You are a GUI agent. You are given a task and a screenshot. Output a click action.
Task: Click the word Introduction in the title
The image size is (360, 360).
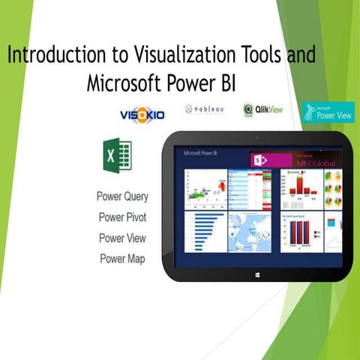pyautogui.click(x=52, y=55)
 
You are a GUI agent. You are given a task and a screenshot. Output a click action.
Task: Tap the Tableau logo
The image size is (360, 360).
pyautogui.click(x=205, y=110)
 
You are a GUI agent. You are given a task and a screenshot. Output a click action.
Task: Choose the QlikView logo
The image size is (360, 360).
pyautogui.click(x=265, y=110)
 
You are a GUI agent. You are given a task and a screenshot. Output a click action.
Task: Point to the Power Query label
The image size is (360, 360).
pyautogui.click(x=123, y=197)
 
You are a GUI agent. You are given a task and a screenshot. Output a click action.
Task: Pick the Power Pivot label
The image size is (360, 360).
pyautogui.click(x=123, y=217)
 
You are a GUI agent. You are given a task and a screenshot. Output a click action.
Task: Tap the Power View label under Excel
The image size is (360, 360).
pyautogui.click(x=123, y=238)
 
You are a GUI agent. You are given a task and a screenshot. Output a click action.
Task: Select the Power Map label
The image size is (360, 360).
pyautogui.click(x=123, y=259)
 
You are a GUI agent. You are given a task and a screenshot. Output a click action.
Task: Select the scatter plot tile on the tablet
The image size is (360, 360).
pyautogui.click(x=205, y=187)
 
